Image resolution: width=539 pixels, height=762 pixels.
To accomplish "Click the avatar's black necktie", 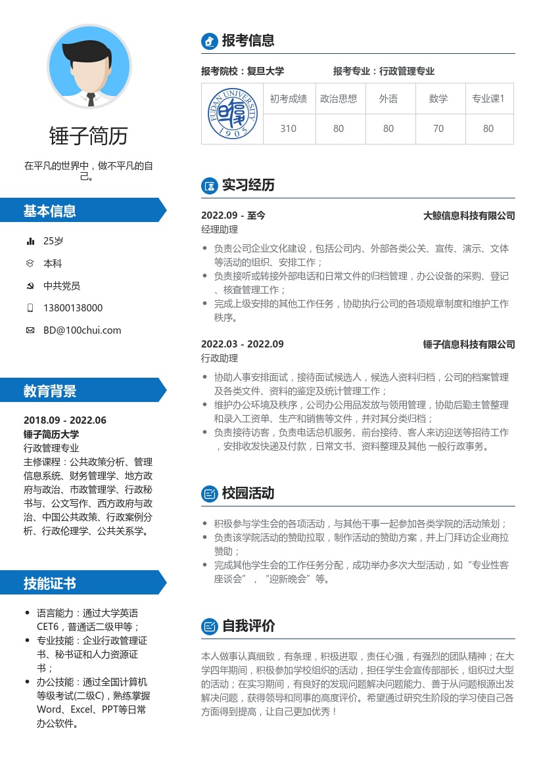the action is (91, 99).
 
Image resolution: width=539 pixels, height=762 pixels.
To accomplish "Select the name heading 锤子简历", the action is (89, 136).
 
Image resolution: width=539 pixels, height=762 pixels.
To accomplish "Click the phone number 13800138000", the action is (73, 308).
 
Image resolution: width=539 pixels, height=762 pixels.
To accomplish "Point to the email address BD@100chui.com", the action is (82, 330).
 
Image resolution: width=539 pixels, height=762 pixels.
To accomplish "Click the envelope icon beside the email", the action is (30, 330).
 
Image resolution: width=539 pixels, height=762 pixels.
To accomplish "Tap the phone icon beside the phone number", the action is (30, 308).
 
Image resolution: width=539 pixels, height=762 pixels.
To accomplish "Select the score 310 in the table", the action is (288, 129).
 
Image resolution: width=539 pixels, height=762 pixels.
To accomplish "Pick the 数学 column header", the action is (438, 99).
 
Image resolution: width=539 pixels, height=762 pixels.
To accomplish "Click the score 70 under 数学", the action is (438, 129).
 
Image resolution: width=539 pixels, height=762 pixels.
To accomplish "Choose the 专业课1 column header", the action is (488, 99).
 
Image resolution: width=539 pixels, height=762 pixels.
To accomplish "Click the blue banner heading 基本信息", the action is (50, 211).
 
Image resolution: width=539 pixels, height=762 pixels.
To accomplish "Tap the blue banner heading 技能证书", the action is (50, 583).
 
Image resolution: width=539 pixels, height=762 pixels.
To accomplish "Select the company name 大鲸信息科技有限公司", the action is (469, 215).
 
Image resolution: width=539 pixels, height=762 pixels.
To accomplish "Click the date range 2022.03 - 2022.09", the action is (243, 344).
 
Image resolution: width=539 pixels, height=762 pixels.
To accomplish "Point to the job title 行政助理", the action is (220, 359).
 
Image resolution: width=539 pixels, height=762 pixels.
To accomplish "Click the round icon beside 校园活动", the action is (209, 493).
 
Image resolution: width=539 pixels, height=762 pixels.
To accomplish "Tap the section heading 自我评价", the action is (248, 626).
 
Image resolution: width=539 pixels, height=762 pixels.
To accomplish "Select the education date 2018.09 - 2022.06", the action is (64, 420).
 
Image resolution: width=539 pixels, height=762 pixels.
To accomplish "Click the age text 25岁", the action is (53, 241).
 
